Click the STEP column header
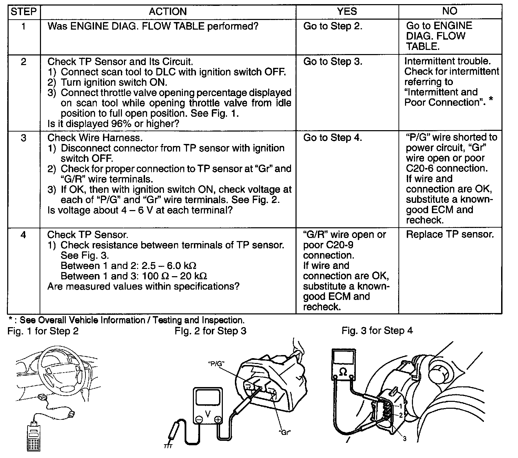(23, 12)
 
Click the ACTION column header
(168, 12)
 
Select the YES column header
(347, 12)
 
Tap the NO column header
(450, 12)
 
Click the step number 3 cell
(23, 138)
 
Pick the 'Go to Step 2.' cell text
(332, 26)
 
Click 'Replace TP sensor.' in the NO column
(450, 235)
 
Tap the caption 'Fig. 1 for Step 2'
(43, 331)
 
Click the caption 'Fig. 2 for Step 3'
(210, 331)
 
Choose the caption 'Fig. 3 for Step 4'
(377, 331)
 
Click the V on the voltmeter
(208, 415)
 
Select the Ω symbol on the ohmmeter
(343, 372)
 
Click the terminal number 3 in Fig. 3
(405, 439)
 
